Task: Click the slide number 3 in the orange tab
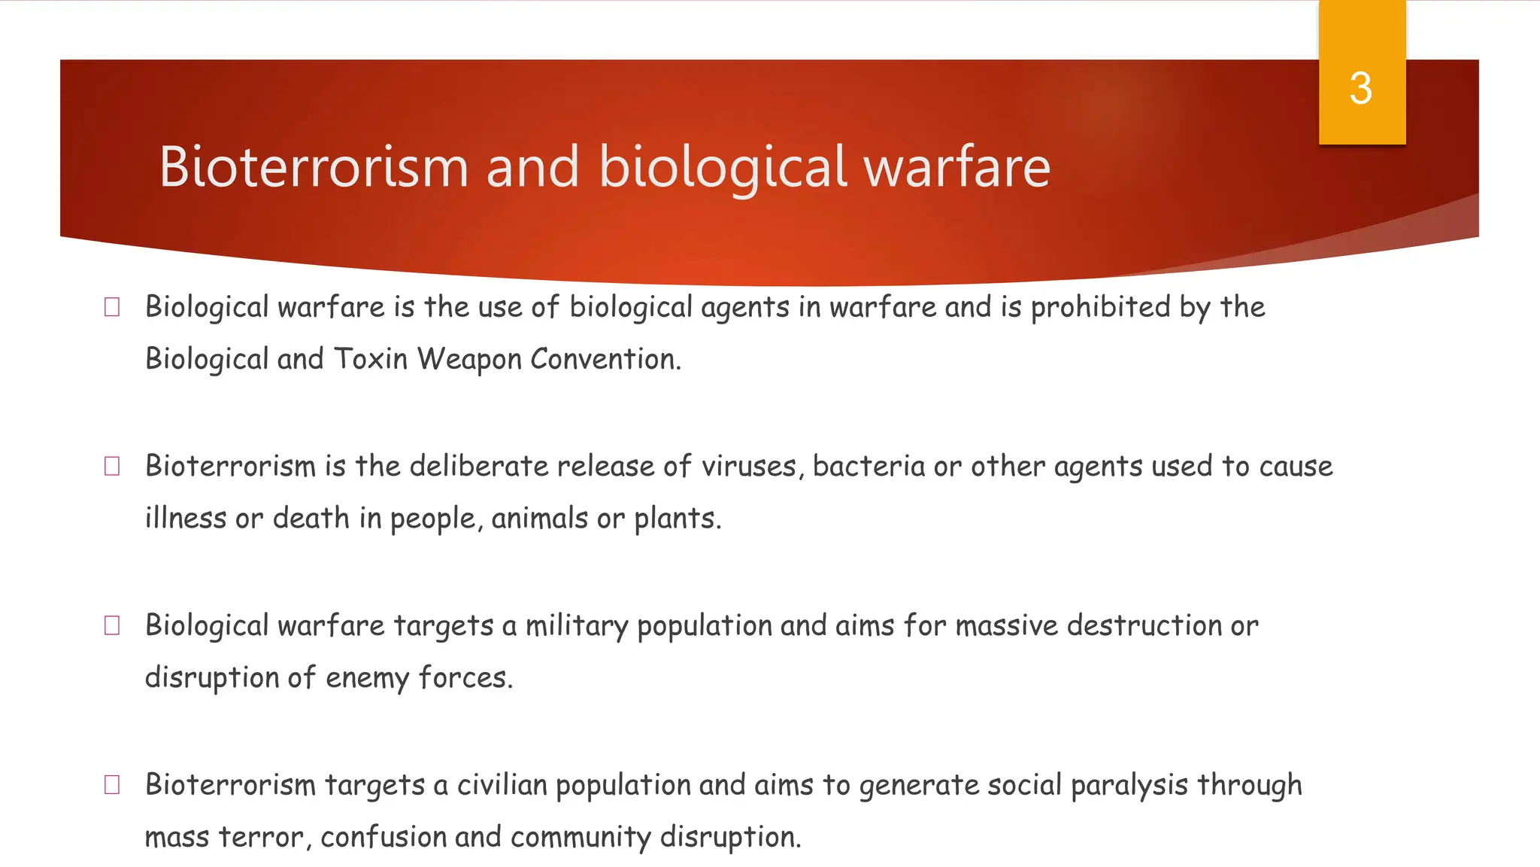1360,89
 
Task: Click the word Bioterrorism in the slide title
314,166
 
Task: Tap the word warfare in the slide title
956,166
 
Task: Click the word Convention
605,359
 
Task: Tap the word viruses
749,467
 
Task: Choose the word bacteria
869,467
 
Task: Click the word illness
185,519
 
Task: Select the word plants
677,519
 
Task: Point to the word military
576,626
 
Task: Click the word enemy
368,678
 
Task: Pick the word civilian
502,785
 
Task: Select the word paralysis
1129,785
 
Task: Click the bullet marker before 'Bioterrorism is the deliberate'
112,467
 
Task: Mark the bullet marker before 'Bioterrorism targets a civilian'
112,785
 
